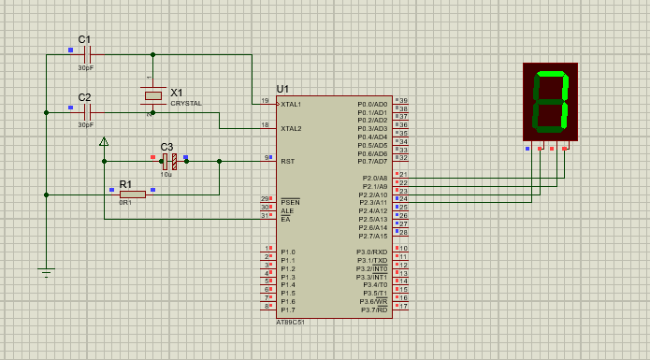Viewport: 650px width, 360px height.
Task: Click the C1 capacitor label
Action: (x=84, y=39)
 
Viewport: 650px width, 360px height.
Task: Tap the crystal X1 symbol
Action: (x=152, y=95)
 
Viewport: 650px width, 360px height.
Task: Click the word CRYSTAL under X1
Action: (x=185, y=104)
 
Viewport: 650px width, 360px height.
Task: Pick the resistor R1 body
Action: (x=132, y=194)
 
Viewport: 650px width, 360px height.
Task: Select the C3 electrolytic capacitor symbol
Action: (x=169, y=161)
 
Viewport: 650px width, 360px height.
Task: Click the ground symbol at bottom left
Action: (x=46, y=273)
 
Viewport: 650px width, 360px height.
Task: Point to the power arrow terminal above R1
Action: (x=104, y=142)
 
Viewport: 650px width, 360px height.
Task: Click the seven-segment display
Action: (x=550, y=102)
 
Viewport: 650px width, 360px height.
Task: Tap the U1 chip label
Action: (x=282, y=88)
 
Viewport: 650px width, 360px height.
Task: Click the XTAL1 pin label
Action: (x=291, y=104)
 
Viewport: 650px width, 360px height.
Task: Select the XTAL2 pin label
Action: (x=291, y=128)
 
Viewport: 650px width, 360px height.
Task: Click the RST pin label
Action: (x=287, y=161)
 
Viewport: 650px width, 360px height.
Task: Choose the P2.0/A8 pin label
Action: (x=374, y=178)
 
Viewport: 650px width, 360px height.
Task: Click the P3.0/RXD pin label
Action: (x=373, y=252)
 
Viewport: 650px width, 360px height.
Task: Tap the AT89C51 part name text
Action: (x=290, y=321)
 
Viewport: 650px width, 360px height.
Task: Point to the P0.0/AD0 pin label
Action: (x=372, y=104)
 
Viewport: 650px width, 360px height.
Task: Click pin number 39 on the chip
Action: (x=403, y=100)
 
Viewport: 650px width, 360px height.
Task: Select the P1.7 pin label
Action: (x=288, y=310)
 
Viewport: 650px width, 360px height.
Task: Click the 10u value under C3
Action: (x=166, y=174)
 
